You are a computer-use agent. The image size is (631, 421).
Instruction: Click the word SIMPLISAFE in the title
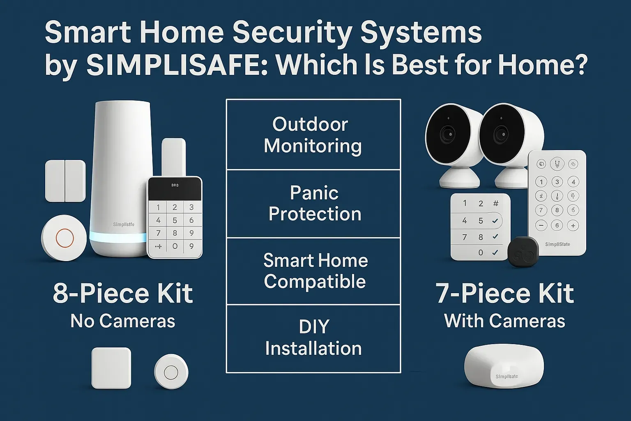pos(176,65)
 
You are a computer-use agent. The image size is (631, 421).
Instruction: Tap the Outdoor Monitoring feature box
pos(313,135)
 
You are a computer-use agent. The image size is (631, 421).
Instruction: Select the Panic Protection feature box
pos(313,204)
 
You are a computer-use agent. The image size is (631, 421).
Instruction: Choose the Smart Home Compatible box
pos(313,271)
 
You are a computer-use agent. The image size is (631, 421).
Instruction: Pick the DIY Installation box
pos(313,338)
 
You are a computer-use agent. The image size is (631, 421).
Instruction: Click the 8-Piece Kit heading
pos(123,294)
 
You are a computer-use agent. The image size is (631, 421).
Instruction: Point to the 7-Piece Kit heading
pos(504,294)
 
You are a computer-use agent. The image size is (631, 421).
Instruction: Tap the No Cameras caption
pos(123,321)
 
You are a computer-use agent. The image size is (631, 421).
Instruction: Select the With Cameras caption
pos(504,321)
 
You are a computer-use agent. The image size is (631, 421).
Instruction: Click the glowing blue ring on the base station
pos(118,238)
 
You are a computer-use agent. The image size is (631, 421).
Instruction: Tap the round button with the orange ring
pos(64,238)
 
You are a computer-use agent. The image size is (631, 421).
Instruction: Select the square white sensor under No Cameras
pos(111,368)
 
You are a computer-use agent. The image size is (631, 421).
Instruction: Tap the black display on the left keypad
pos(175,189)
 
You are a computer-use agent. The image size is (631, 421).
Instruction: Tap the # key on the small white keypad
pos(496,203)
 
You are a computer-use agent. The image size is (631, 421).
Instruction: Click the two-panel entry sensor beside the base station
pos(65,181)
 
